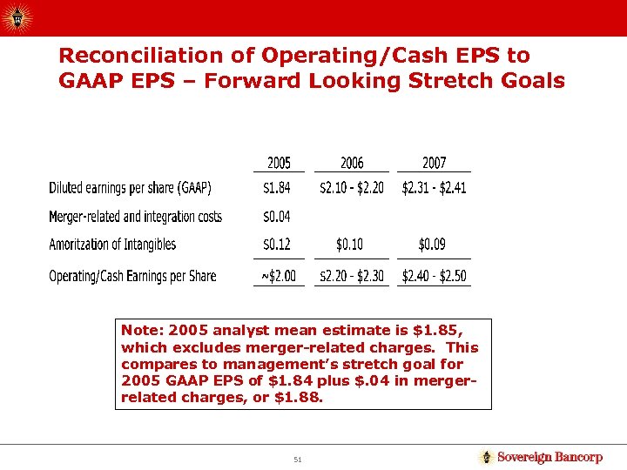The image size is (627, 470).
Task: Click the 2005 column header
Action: (x=279, y=163)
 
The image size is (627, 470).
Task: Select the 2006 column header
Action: (x=352, y=163)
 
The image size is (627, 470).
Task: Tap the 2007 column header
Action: (x=434, y=163)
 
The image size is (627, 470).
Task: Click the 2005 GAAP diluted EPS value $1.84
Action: (x=279, y=188)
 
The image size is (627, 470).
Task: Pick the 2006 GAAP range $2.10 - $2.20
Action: (x=352, y=188)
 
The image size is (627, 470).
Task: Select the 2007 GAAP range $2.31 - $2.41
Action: (x=434, y=188)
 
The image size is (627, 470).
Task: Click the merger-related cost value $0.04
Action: (x=279, y=216)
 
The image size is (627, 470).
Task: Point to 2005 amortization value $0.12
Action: (x=279, y=245)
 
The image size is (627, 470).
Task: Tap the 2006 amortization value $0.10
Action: (x=352, y=245)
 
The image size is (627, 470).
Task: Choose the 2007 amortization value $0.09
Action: (x=434, y=245)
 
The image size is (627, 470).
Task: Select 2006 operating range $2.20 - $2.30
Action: (x=352, y=276)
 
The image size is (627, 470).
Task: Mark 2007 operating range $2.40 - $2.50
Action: (x=434, y=276)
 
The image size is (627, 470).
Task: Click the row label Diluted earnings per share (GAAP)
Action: (x=130, y=188)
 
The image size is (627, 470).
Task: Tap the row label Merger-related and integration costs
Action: (x=135, y=216)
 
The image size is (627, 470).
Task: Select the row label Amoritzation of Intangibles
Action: (x=112, y=245)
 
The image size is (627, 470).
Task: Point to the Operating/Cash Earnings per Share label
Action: (x=132, y=276)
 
